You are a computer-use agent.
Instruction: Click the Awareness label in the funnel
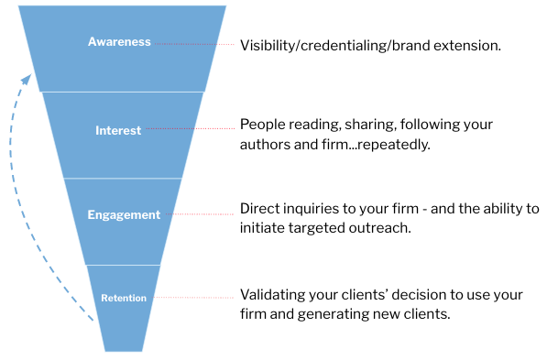[119, 42]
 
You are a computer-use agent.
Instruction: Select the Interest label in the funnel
[118, 130]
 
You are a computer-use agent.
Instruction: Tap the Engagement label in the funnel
[124, 215]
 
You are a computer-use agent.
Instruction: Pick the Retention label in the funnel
[123, 298]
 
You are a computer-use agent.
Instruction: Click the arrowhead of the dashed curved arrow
[27, 80]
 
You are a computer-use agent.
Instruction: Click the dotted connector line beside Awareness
[191, 44]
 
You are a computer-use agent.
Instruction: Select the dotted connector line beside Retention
[190, 298]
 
